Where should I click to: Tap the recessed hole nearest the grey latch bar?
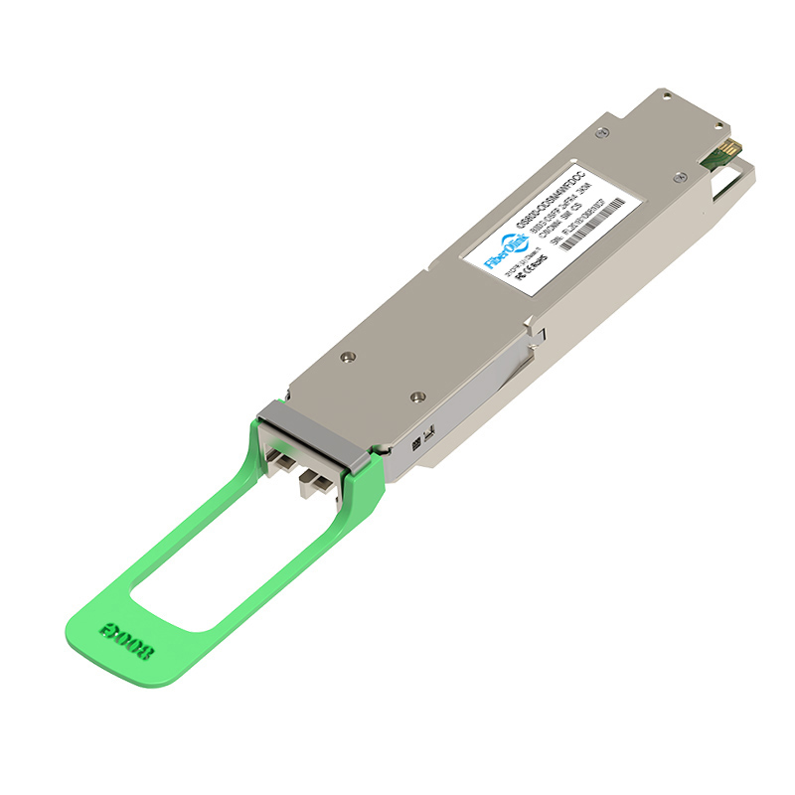345,355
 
